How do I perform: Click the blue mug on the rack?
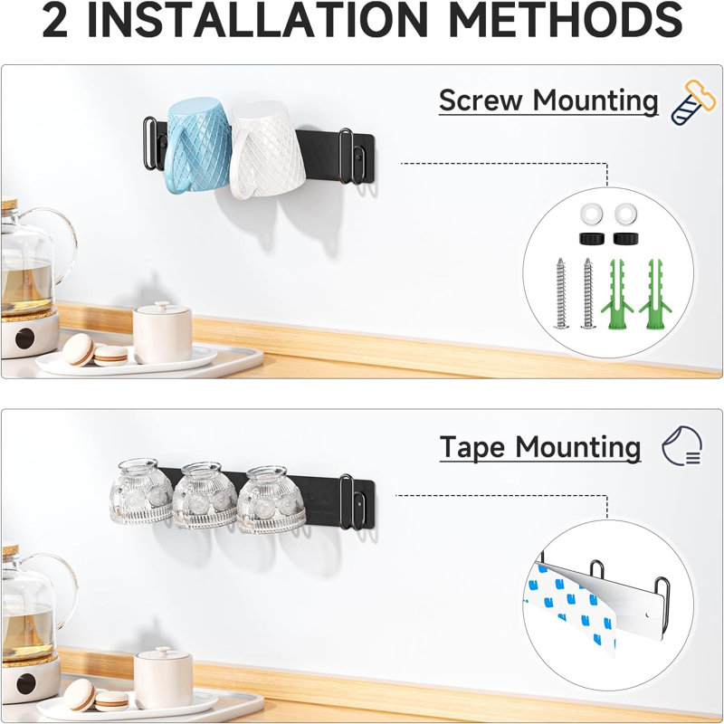pyautogui.click(x=196, y=146)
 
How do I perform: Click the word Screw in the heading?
pyautogui.click(x=481, y=100)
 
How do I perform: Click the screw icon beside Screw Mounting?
pyautogui.click(x=692, y=102)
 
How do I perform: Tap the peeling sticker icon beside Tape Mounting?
pyautogui.click(x=682, y=445)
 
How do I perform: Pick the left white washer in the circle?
pyautogui.click(x=592, y=214)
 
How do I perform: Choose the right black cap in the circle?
pyautogui.click(x=625, y=239)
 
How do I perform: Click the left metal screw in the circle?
pyautogui.click(x=561, y=293)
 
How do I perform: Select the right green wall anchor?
pyautogui.click(x=655, y=295)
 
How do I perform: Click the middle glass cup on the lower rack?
pyautogui.click(x=205, y=495)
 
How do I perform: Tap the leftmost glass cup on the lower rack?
pyautogui.click(x=141, y=491)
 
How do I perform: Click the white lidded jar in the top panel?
pyautogui.click(x=163, y=332)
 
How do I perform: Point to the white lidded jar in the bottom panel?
pyautogui.click(x=164, y=678)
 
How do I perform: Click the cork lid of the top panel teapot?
pyautogui.click(x=9, y=204)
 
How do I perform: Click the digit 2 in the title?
pyautogui.click(x=55, y=21)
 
